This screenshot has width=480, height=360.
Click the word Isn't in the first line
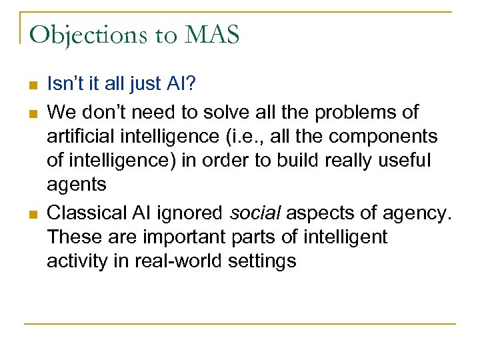(x=64, y=84)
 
